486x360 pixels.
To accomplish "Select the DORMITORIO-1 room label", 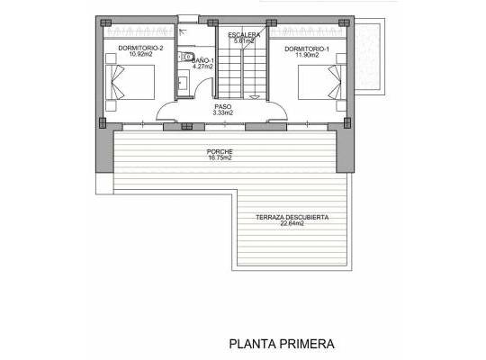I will [307, 47].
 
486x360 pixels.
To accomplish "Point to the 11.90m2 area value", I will [307, 54].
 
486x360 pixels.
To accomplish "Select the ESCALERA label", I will [244, 34].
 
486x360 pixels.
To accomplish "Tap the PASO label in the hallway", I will [222, 107].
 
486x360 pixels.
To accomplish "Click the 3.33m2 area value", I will [222, 114].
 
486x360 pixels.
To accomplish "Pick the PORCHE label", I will [220, 151].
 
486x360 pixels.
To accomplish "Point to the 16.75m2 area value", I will [220, 158].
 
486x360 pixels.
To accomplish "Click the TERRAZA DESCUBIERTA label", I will [292, 218].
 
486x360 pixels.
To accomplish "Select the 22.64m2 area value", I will [292, 225].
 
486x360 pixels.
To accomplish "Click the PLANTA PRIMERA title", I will [282, 343].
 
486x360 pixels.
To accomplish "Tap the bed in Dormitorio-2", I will [133, 84].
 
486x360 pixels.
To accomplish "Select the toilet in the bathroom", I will [184, 57].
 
